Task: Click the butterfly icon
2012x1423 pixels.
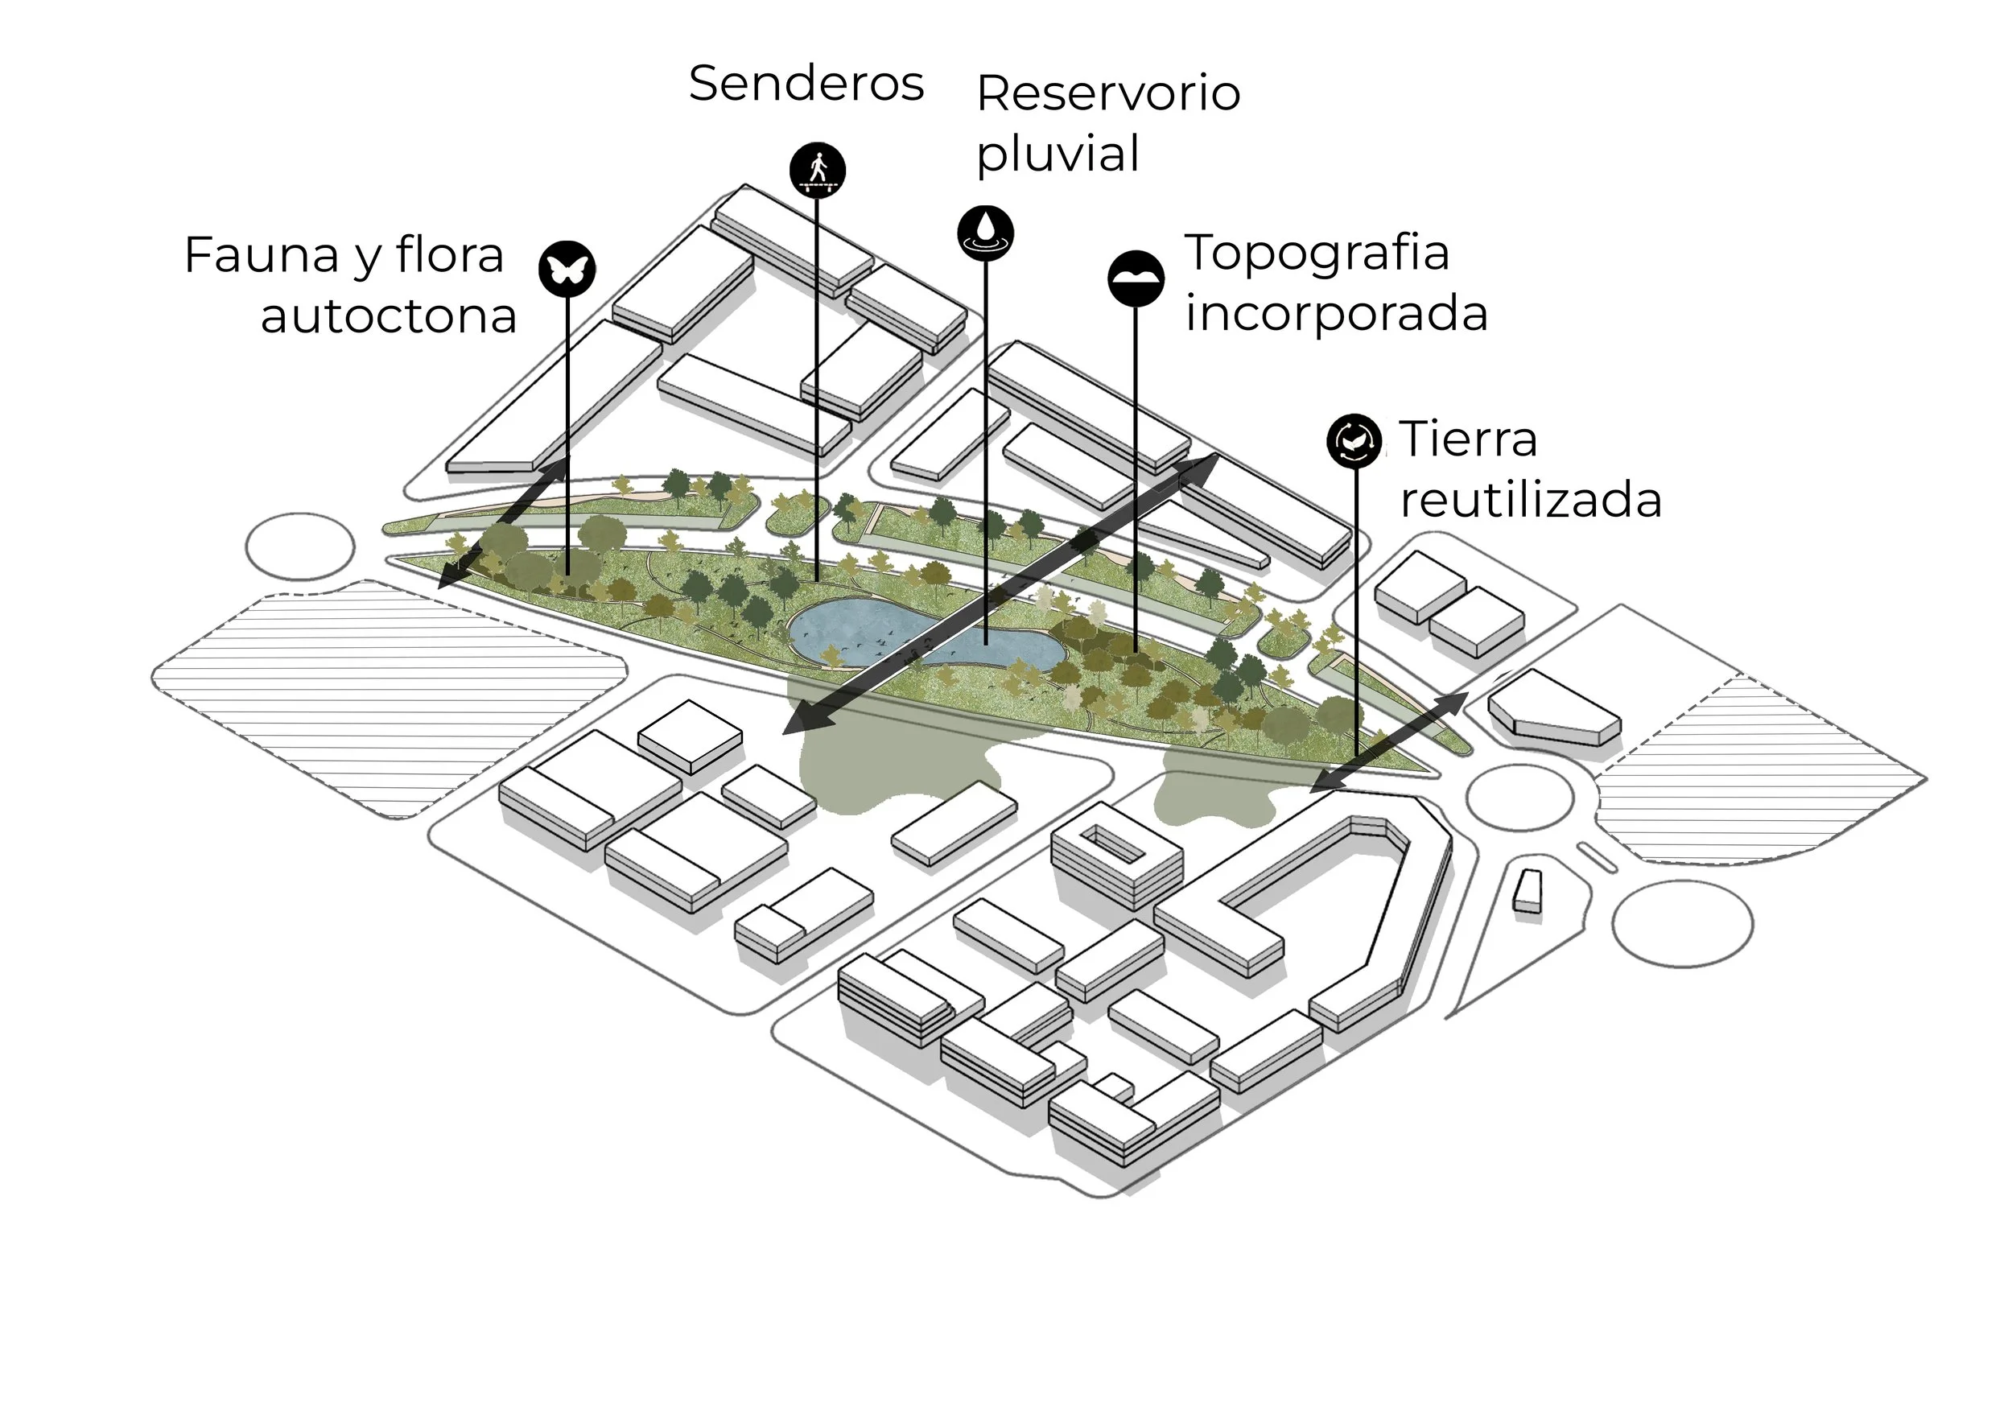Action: (566, 268)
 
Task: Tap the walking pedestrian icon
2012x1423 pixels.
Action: (817, 169)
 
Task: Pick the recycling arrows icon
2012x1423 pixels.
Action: (1354, 440)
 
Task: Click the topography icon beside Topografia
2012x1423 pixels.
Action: (1136, 278)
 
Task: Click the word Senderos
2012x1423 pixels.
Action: (806, 85)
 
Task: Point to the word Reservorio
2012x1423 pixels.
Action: (1107, 93)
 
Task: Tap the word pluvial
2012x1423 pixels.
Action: (1057, 155)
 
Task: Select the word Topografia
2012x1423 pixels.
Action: (1316, 254)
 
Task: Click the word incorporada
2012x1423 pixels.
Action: (1335, 314)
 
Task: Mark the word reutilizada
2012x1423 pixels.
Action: (1530, 501)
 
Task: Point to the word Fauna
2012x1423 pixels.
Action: (261, 256)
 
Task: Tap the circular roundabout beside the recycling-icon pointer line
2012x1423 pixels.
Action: (1519, 799)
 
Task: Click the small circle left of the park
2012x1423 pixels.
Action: (299, 547)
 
